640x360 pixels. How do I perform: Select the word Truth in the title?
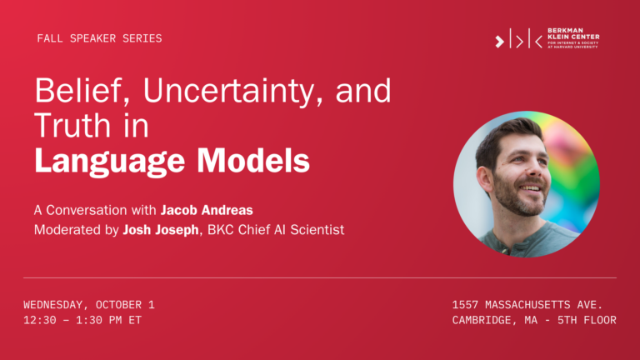point(73,125)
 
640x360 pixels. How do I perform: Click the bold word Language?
point(109,160)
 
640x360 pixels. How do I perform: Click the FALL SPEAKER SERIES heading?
point(99,38)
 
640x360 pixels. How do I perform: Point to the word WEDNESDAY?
point(56,304)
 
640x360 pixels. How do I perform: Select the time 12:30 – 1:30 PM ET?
point(82,320)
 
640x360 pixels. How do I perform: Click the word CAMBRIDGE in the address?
point(483,320)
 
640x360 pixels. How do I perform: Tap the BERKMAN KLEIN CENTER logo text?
point(573,38)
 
